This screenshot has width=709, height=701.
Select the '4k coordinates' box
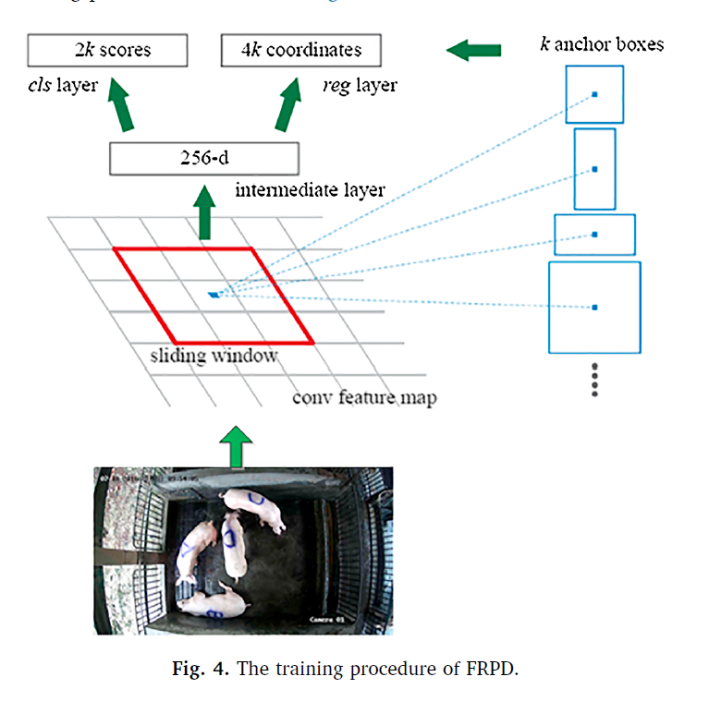[x=301, y=50]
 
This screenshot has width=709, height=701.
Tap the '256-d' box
[x=204, y=159]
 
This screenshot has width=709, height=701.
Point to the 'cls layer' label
[x=63, y=86]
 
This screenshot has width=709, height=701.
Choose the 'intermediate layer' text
[x=310, y=191]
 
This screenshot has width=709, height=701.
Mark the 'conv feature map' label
[x=364, y=398]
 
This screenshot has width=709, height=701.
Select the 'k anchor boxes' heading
[x=602, y=43]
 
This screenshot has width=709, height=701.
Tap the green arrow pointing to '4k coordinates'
[x=288, y=106]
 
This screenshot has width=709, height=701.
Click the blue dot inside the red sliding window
[x=214, y=295]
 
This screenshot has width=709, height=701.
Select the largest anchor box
[x=594, y=308]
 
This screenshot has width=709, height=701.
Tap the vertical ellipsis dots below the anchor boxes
[x=594, y=380]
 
